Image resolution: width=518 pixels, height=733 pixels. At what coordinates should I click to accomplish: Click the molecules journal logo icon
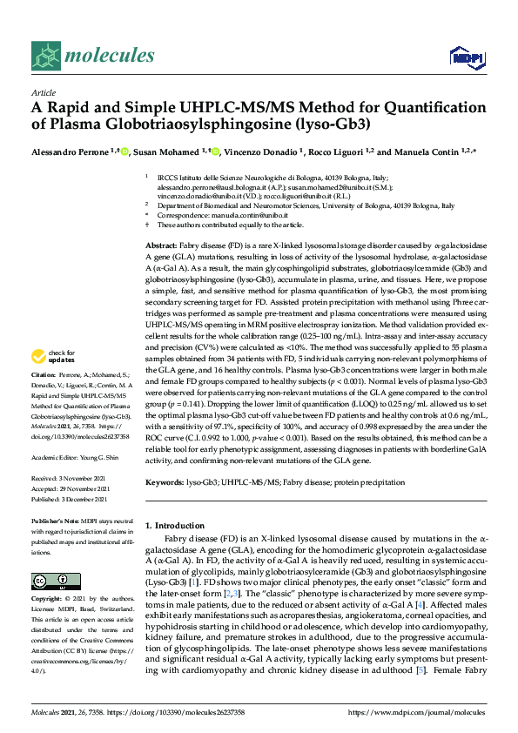(46, 57)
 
